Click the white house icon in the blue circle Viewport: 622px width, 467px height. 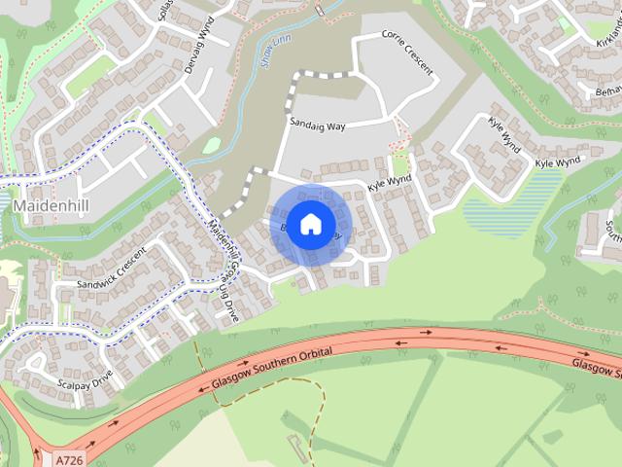(310, 223)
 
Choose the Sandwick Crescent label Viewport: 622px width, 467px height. (111, 269)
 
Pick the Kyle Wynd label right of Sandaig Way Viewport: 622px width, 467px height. (390, 182)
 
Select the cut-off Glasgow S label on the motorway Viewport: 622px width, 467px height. (595, 366)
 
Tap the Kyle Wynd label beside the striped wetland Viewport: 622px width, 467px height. (557, 161)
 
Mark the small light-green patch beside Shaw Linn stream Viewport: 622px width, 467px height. (211, 146)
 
